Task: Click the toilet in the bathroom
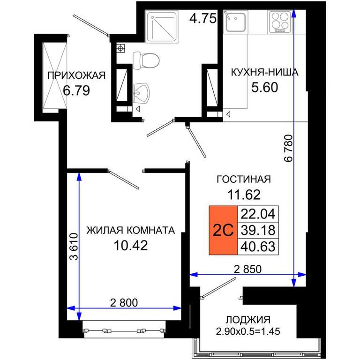pos(146,61)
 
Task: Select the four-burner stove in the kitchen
pos(280,22)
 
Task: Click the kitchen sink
pos(235,22)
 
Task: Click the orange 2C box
pos(223,230)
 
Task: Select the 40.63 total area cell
pos(258,247)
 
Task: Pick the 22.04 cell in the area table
pos(258,214)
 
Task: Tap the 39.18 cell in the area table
pos(258,230)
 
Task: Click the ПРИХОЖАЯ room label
pos(76,75)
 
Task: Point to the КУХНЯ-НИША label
pos(264,72)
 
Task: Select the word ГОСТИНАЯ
pos(244,179)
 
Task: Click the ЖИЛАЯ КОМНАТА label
pos(131,230)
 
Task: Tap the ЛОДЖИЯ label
pos(248,319)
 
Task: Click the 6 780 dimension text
pos(289,148)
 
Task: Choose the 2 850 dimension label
pos(247,269)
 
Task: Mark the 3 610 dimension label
pos(74,247)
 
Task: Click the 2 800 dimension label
pos(124,303)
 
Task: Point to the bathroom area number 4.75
pos(203,18)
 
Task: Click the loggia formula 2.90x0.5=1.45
pos(248,331)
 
